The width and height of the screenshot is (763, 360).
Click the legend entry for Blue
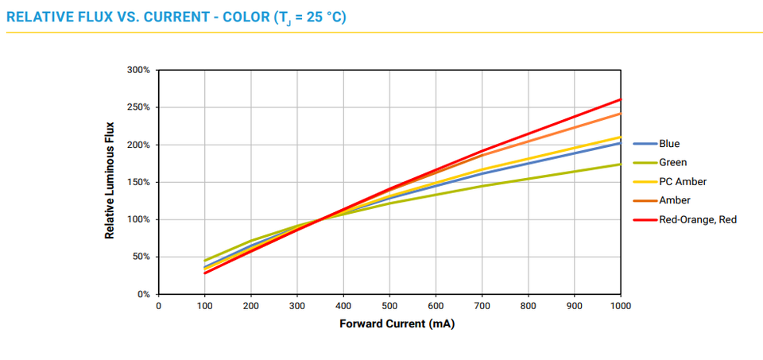[668, 144]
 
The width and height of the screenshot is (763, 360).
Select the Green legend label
[672, 163]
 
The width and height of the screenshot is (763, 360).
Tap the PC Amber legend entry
[682, 182]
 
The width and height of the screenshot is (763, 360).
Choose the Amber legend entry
[674, 200]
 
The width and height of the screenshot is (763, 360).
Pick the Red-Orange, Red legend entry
[697, 219]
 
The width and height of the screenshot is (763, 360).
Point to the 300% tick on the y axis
[138, 70]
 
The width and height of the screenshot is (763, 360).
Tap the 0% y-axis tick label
[142, 294]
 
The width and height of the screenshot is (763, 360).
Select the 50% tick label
[141, 257]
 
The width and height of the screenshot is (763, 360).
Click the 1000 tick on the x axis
[621, 306]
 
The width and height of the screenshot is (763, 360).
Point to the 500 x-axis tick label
[389, 306]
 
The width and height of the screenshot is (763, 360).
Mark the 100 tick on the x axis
[204, 306]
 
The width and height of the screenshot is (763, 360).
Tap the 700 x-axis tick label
[482, 306]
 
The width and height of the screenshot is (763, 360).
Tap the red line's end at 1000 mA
[621, 99]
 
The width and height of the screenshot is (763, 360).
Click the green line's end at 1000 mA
[621, 165]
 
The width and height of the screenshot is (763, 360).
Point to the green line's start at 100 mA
[205, 261]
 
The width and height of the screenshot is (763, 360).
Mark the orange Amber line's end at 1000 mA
[621, 113]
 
